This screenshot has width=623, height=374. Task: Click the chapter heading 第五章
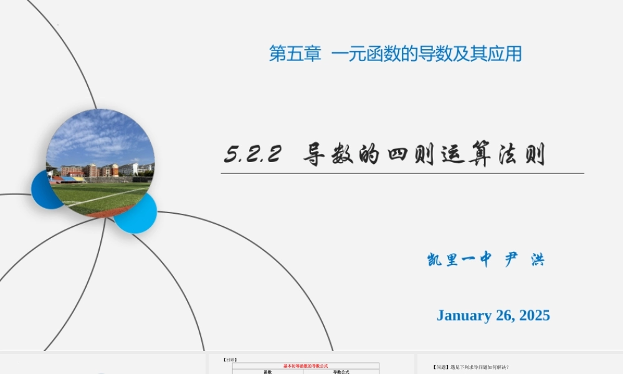tap(295, 54)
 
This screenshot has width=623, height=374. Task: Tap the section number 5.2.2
tap(253, 155)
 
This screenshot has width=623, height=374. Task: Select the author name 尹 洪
tap(524, 260)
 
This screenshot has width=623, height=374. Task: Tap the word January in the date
tap(464, 315)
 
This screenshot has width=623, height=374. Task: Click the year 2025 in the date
tap(531, 315)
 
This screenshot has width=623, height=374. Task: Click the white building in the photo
tap(127, 169)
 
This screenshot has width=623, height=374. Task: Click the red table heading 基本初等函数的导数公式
tap(305, 366)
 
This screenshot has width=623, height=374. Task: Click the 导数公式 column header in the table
tap(341, 372)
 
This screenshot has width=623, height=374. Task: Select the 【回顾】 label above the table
tap(230, 360)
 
